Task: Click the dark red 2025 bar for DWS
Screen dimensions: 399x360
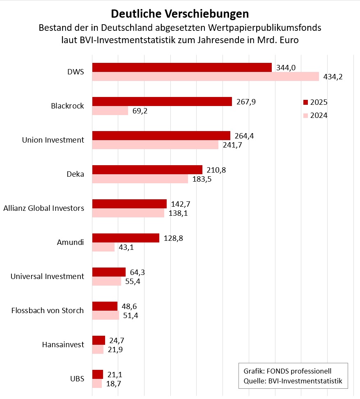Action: pyautogui.click(x=182, y=67)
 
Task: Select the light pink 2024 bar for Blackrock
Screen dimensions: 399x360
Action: pyautogui.click(x=110, y=111)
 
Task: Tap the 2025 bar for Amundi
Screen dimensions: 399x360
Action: pyautogui.click(x=126, y=238)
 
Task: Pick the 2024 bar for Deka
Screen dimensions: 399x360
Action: pyautogui.click(x=140, y=179)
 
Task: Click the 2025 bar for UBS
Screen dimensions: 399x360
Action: pyautogui.click(x=98, y=374)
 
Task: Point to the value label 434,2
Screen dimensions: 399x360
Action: pyautogui.click(x=333, y=77)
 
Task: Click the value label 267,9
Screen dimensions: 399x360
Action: pyautogui.click(x=246, y=101)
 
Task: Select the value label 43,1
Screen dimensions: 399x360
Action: pyautogui.click(x=126, y=247)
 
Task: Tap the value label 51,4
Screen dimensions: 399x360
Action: pyautogui.click(x=131, y=316)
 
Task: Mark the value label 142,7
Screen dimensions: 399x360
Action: pyautogui.click(x=181, y=204)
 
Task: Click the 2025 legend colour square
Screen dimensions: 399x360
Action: pyautogui.click(x=305, y=102)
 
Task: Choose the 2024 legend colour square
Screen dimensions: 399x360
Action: pyautogui.click(x=305, y=115)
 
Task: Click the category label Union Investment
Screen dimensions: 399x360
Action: pyautogui.click(x=53, y=140)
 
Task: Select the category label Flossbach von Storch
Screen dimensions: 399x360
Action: pyautogui.click(x=48, y=311)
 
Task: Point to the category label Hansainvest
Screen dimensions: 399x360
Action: pyautogui.click(x=63, y=345)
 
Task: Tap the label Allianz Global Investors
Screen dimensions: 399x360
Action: pyautogui.click(x=44, y=208)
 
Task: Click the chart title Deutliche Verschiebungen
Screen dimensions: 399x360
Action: pyautogui.click(x=180, y=14)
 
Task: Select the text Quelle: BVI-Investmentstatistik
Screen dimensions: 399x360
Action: pyautogui.click(x=293, y=381)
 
